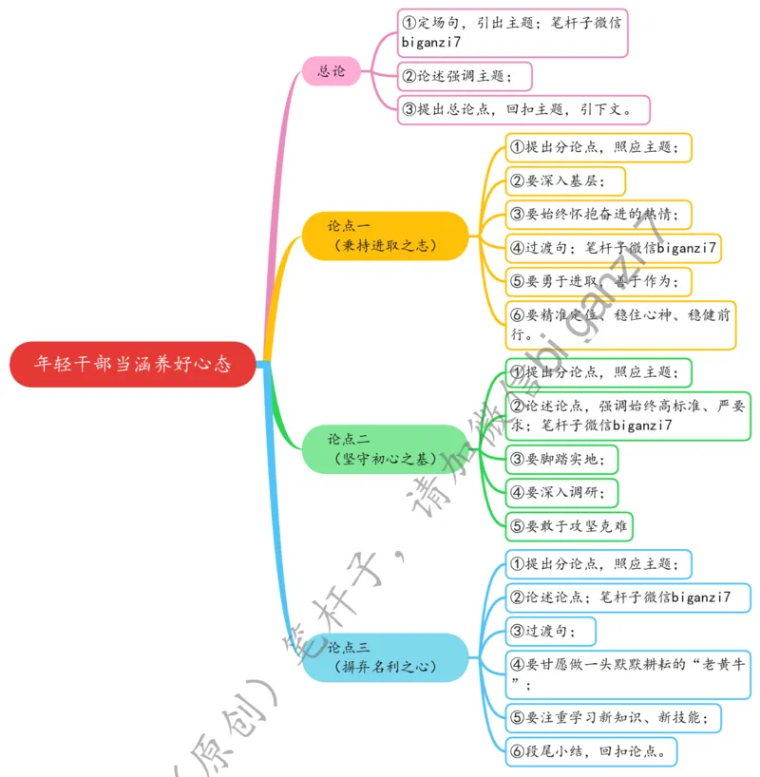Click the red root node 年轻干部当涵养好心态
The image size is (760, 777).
(133, 364)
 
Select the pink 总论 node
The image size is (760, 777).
(332, 70)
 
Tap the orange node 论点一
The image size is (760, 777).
(385, 236)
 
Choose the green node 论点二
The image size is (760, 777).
(385, 448)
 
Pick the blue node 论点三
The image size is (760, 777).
(385, 657)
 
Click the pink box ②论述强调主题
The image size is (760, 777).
(465, 76)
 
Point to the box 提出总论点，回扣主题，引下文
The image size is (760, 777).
(522, 109)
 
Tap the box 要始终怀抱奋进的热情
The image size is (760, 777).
(598, 214)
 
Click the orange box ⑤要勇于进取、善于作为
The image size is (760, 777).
(598, 282)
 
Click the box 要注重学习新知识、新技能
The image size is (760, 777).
(614, 716)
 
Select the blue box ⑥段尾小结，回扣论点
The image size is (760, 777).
(591, 751)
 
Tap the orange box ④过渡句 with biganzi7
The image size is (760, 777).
(613, 248)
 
